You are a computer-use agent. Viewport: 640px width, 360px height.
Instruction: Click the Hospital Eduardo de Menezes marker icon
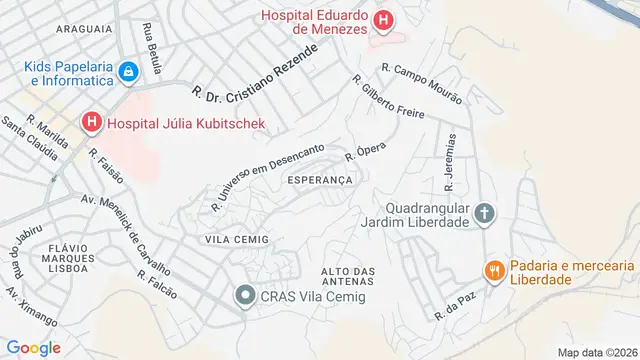pos(382,20)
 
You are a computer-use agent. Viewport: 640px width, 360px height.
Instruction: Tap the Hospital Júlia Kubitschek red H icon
pos(92,124)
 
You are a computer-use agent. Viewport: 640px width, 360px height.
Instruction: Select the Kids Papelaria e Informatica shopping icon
pos(128,72)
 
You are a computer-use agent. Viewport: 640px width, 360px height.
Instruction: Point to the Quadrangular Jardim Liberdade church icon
pos(484,212)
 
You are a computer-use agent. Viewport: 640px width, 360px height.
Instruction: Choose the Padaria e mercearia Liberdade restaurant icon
pos(493,270)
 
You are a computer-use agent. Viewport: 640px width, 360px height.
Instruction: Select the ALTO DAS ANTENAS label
pos(348,277)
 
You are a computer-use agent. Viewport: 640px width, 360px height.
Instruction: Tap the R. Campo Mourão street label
pos(421,84)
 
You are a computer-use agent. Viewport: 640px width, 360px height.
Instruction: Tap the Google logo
pos(32,347)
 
